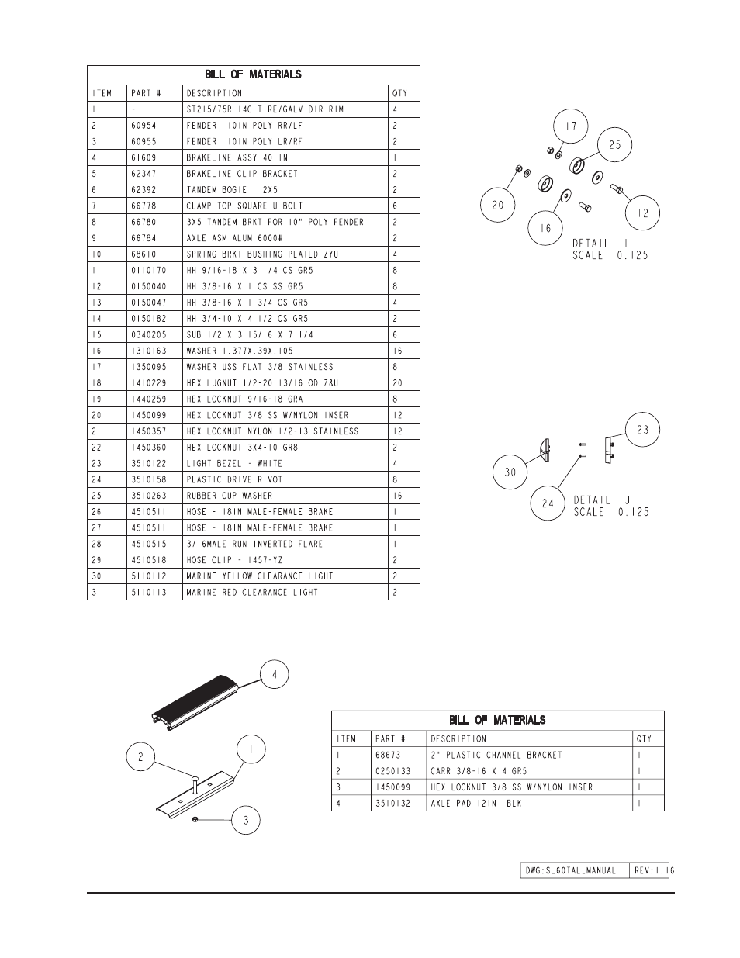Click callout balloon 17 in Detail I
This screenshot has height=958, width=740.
(571, 126)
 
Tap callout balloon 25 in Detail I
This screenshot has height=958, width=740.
(614, 145)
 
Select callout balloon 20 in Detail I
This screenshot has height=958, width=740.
(497, 206)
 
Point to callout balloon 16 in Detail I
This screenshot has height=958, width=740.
(546, 228)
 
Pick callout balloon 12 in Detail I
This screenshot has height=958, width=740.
(643, 213)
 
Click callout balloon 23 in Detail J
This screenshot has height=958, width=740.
(642, 430)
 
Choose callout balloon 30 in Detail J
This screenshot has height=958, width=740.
(510, 472)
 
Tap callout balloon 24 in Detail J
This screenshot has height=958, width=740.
(548, 503)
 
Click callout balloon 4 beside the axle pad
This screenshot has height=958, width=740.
(274, 675)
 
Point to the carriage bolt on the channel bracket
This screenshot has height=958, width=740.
(195, 783)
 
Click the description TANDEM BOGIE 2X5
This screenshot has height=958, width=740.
(232, 190)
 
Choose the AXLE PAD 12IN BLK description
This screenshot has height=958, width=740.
(475, 803)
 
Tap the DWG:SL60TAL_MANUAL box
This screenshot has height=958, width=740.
(572, 870)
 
